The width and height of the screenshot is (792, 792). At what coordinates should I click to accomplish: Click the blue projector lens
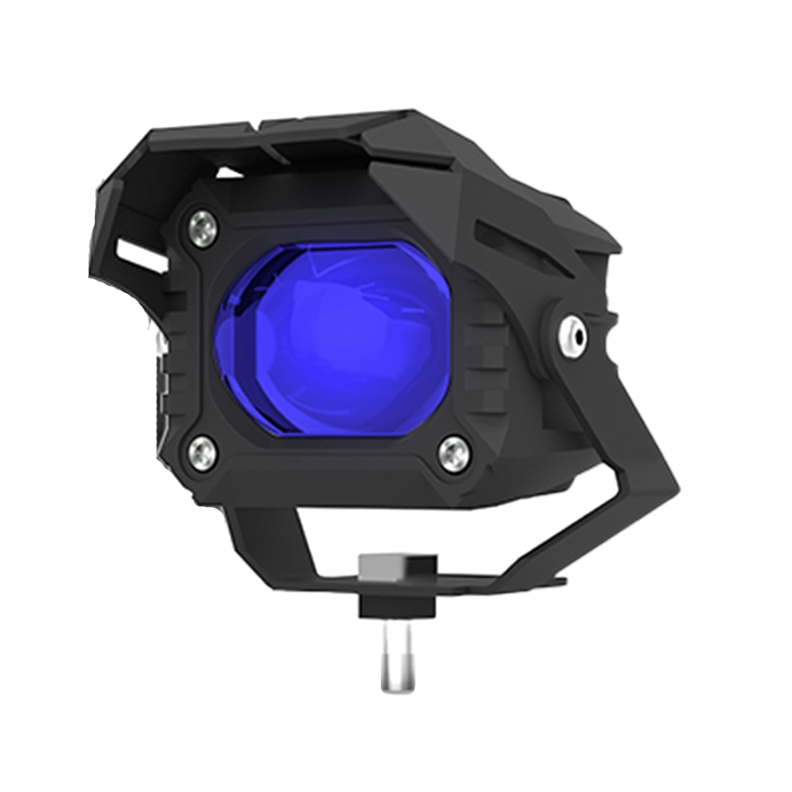tap(332, 337)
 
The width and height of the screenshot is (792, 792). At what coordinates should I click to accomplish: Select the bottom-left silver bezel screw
tap(203, 452)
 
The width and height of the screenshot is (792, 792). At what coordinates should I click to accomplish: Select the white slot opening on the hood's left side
tap(139, 254)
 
